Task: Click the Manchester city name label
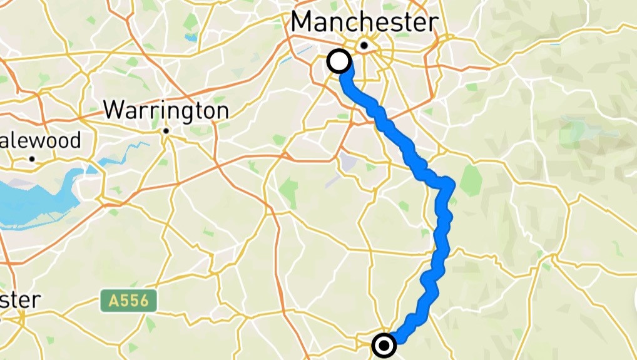pos(364,23)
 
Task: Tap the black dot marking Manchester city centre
pos(364,45)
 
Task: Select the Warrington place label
pos(166,111)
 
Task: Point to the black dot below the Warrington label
pos(166,131)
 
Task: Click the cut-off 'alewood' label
pos(40,140)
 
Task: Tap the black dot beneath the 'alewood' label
pos(31,159)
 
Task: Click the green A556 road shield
pos(128,301)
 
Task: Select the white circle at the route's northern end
pos(339,61)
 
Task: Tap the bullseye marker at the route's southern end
pos(384,345)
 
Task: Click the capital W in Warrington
pos(113,110)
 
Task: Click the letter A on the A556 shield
pos(111,301)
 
